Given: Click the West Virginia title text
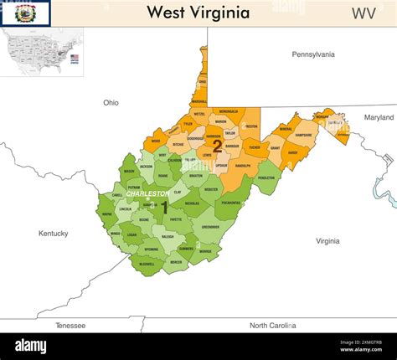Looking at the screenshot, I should [x=198, y=13].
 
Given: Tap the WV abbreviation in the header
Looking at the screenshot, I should [x=363, y=13].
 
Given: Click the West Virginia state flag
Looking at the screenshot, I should [x=26, y=13].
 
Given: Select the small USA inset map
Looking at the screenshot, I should [x=41, y=52].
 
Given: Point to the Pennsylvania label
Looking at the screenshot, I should [x=312, y=54].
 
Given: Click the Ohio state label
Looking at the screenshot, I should [x=111, y=103].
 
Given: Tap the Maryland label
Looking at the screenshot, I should [x=379, y=117].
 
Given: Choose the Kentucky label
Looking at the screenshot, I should [x=53, y=233].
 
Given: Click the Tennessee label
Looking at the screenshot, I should [x=70, y=325].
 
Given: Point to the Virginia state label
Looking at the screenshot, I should [x=327, y=241].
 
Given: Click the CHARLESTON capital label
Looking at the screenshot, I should [x=147, y=193].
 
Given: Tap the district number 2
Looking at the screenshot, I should [x=217, y=145].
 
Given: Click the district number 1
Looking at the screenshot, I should [x=164, y=206].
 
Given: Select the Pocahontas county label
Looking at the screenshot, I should [x=231, y=203].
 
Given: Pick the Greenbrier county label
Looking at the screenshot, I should [x=210, y=226].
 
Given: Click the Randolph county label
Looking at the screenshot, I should [x=242, y=166].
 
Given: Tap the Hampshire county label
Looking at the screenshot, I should [x=303, y=135].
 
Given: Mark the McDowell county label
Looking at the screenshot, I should [x=147, y=264].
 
